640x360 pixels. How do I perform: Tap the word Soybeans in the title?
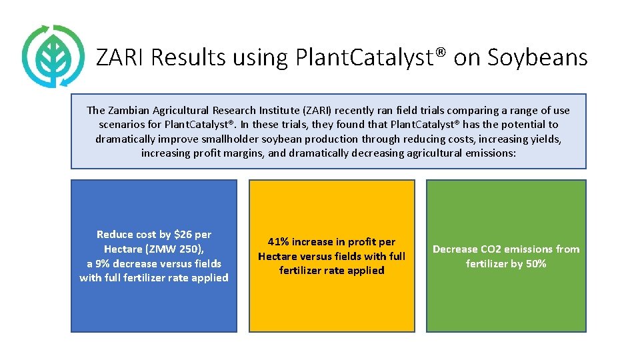tap(537, 58)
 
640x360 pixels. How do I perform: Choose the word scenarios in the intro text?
tap(125, 125)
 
